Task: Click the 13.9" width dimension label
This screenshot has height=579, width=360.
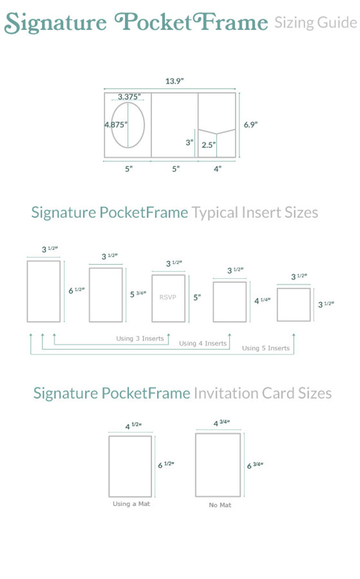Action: [174, 81]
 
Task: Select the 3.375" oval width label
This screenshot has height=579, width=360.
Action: [129, 97]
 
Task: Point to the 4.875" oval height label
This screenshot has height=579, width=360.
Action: [116, 124]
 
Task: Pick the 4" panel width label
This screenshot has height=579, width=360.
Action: [217, 168]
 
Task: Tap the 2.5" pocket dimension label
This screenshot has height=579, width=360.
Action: [209, 145]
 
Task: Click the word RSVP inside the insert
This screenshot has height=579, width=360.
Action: [168, 297]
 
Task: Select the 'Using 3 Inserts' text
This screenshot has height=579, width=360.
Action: [140, 339]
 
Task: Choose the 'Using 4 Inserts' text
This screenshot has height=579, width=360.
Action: [202, 343]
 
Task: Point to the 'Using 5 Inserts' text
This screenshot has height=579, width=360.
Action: [266, 348]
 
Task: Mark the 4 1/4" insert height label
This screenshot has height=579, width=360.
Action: [262, 301]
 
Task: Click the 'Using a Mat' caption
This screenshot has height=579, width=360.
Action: [130, 504]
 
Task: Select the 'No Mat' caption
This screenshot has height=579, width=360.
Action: [219, 505]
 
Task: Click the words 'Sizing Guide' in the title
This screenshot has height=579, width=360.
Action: [315, 23]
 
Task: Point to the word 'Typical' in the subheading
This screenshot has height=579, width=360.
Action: [215, 213]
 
